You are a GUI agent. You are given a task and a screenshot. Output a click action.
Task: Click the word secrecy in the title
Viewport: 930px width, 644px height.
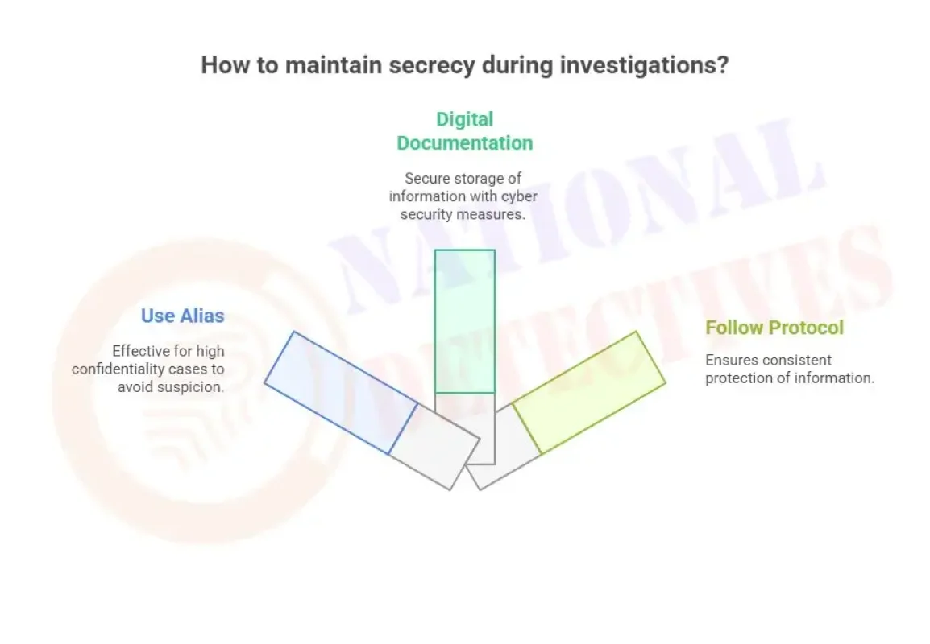431,65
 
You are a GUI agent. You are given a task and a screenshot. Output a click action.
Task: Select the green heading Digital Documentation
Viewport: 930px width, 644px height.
465,131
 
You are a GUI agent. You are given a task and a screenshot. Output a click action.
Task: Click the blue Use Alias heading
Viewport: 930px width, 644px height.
182,316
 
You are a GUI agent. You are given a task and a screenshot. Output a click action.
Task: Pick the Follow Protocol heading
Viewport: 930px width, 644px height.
774,328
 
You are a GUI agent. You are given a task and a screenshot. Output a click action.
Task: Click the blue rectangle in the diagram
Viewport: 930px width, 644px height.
340,393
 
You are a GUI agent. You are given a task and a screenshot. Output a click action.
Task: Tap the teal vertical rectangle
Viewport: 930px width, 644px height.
465,321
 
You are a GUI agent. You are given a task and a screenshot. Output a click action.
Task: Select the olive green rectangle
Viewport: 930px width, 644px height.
589,392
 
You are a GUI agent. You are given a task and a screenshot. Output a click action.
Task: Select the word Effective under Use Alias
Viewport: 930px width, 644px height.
141,351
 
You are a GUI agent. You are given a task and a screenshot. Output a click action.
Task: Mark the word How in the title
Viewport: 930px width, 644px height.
218,65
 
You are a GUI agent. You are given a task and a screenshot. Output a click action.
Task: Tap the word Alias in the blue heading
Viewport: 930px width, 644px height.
202,316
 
